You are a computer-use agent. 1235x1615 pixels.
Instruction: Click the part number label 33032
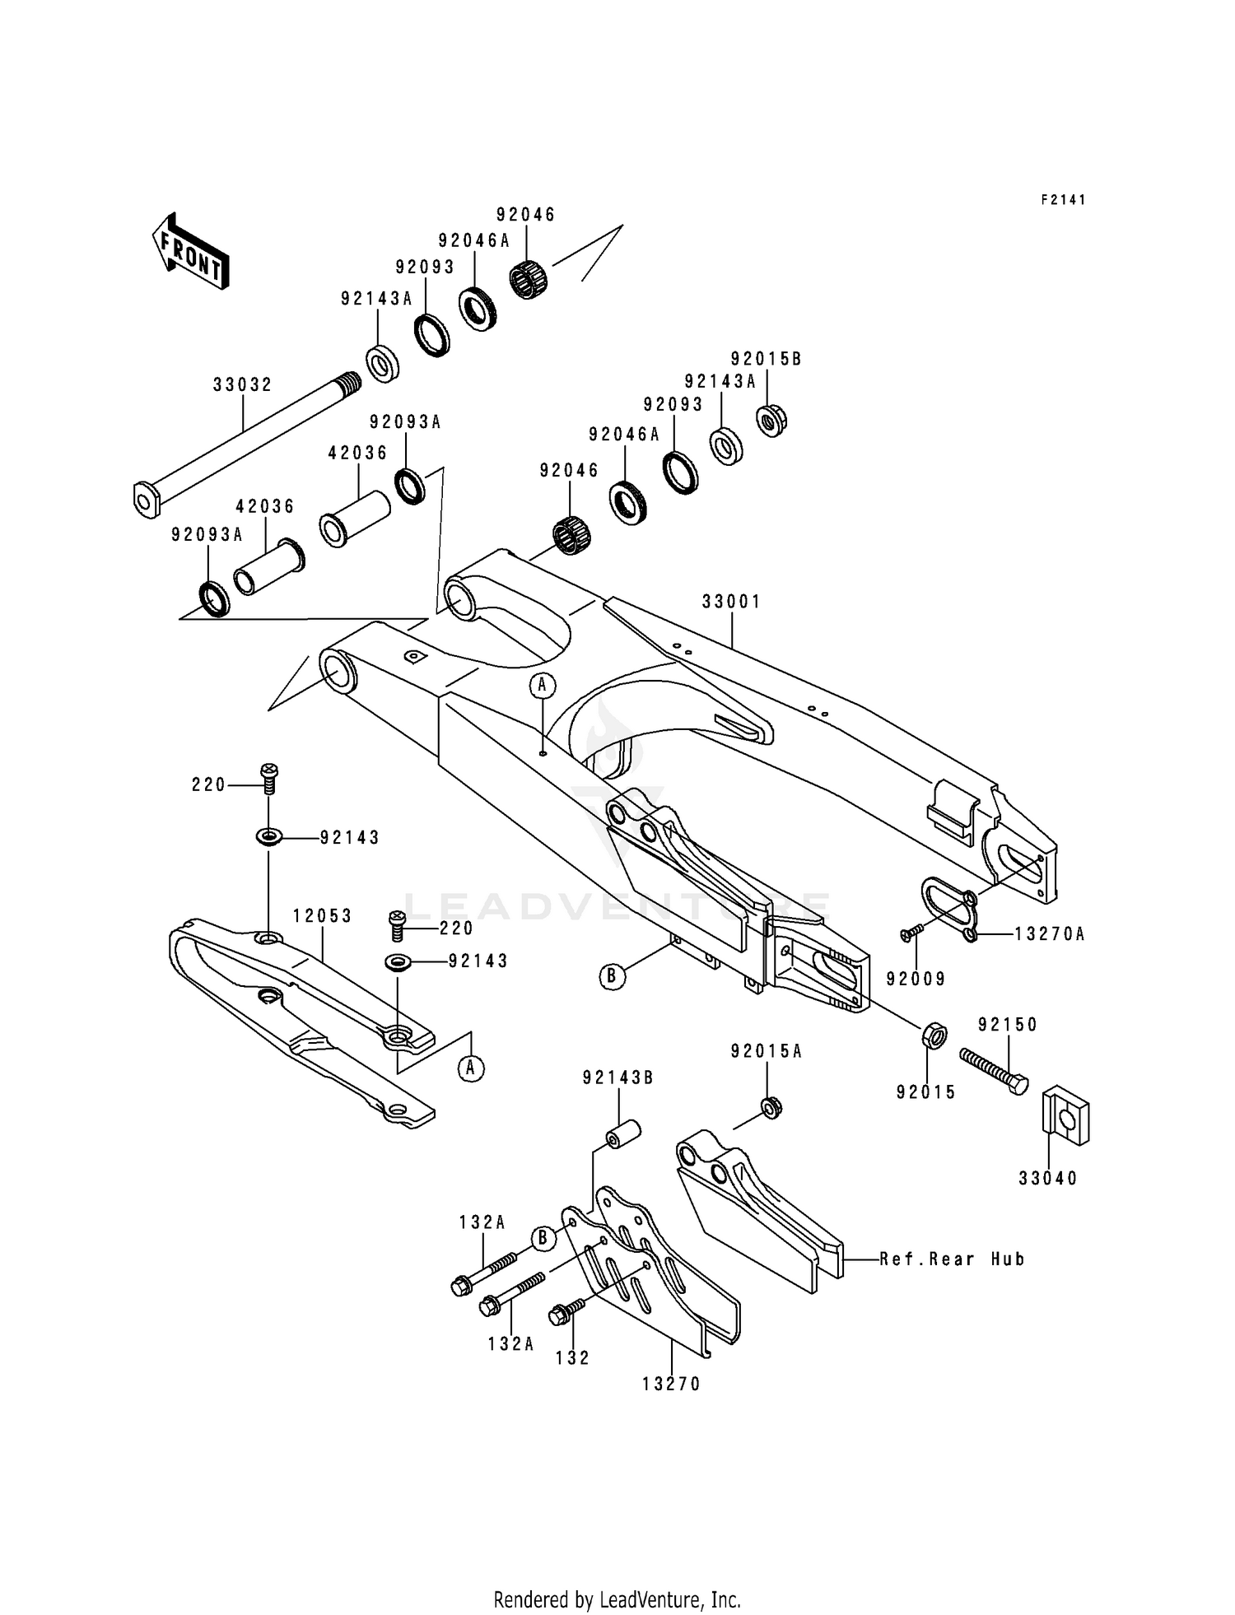coord(242,384)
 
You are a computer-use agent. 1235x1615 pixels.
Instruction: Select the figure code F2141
coord(1063,200)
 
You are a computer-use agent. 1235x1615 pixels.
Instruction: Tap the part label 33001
coord(731,602)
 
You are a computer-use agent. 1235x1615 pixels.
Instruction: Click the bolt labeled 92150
coord(993,1070)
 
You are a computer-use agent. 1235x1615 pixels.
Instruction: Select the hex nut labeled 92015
coord(931,1035)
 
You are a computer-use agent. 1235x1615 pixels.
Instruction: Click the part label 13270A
coord(1050,934)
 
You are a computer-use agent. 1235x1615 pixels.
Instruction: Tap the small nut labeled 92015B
coord(771,420)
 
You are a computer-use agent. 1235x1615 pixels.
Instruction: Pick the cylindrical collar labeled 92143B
coord(623,1133)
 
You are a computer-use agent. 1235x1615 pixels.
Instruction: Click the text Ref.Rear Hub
coord(952,1259)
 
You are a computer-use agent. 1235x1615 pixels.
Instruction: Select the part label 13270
coord(671,1385)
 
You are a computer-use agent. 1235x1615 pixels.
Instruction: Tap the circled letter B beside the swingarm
coord(612,976)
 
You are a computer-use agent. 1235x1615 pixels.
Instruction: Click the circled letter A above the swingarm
coord(543,684)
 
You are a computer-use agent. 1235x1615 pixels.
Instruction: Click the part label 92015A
coord(766,1051)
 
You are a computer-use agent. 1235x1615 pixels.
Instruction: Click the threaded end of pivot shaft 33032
coord(348,384)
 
